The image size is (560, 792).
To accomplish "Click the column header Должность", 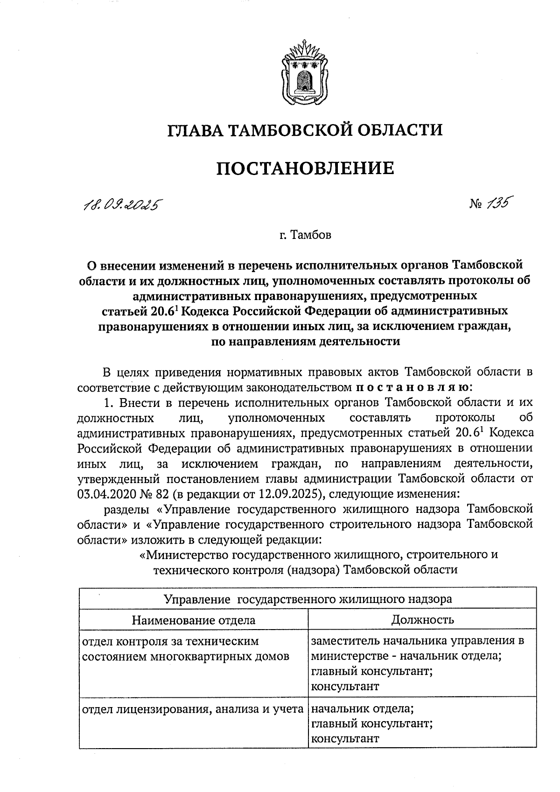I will point(422,620).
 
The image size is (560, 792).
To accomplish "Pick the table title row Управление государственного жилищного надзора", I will point(308,599).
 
